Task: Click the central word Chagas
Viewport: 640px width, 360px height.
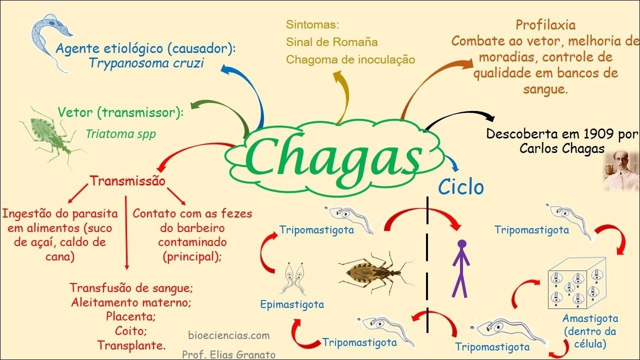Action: pyautogui.click(x=333, y=156)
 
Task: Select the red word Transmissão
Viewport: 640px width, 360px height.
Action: pyautogui.click(x=127, y=180)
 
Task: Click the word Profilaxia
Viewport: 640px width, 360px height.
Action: pyautogui.click(x=545, y=25)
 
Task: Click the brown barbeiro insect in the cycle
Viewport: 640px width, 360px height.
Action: pyautogui.click(x=372, y=272)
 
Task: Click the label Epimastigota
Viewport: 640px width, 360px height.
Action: pyautogui.click(x=292, y=304)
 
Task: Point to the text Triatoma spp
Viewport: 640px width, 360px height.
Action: pyautogui.click(x=120, y=134)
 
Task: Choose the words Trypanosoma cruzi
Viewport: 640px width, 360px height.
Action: pyautogui.click(x=146, y=63)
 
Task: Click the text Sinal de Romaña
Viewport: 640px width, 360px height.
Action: pyautogui.click(x=331, y=42)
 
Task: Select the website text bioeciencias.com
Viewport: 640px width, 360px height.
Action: pyautogui.click(x=229, y=335)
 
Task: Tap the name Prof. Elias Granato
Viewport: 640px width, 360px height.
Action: pyautogui.click(x=228, y=354)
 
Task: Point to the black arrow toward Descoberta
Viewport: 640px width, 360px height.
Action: pyautogui.click(x=460, y=118)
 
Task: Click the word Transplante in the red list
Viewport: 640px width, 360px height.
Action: pyautogui.click(x=131, y=345)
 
